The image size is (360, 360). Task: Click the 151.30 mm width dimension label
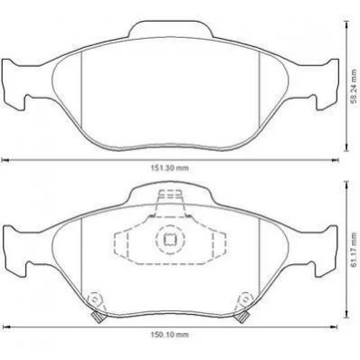click(x=169, y=168)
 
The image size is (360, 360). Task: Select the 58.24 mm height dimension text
click(x=355, y=86)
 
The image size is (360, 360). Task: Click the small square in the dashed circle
click(x=170, y=240)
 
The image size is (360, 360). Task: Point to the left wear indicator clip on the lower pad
click(x=98, y=317)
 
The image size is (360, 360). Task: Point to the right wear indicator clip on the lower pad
click(x=242, y=317)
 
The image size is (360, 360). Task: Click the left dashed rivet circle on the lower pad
click(x=95, y=299)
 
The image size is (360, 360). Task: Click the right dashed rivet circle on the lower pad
click(x=246, y=299)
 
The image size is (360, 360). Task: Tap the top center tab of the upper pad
click(x=171, y=29)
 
